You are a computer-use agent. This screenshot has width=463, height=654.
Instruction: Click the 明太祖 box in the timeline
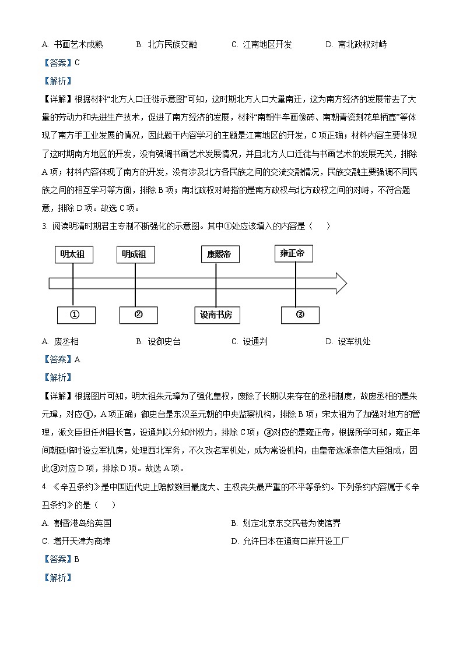pos(74,254)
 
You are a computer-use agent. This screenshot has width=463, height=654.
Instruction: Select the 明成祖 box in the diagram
pos(135,254)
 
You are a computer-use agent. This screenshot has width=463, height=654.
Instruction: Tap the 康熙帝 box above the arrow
pos(215,254)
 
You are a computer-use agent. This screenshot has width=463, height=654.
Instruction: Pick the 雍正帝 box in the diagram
pos(293,253)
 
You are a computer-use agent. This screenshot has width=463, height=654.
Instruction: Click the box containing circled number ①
pos(75,315)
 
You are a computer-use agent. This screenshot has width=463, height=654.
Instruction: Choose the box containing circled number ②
pos(139,315)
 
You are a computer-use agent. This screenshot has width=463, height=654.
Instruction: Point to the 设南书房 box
pos(216,315)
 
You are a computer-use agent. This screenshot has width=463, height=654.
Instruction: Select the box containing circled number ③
pos(300,315)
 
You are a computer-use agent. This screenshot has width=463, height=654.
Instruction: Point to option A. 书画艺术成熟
pos(72,45)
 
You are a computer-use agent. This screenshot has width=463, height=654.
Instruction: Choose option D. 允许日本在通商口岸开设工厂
pos(290,541)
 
